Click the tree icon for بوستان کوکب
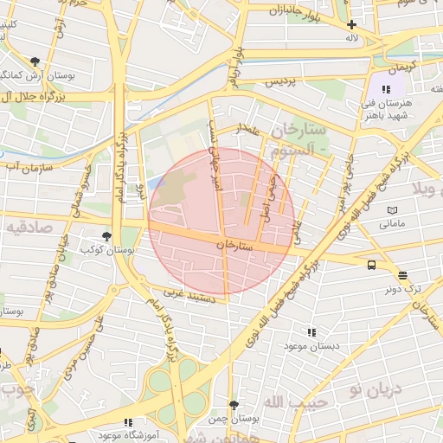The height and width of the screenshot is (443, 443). [106, 235]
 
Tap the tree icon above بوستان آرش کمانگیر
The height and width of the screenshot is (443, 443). [34, 61]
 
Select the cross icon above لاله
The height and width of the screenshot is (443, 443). [351, 25]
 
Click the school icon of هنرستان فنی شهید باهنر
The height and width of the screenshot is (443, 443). [386, 89]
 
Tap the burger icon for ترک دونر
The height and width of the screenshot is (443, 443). [403, 275]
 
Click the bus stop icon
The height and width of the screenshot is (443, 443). [371, 266]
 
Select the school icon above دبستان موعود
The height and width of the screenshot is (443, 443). [311, 331]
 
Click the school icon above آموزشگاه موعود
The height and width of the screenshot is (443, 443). [128, 422]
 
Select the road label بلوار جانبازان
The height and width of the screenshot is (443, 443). [294, 12]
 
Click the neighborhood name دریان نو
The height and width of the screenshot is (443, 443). [378, 388]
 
